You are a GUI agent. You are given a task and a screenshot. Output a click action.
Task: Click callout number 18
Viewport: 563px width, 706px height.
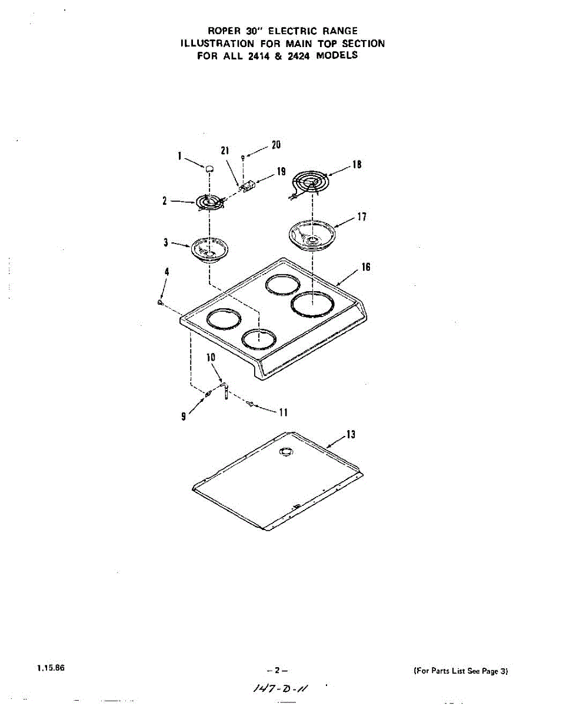tap(357, 165)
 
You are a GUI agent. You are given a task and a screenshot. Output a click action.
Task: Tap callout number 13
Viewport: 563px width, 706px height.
tap(351, 435)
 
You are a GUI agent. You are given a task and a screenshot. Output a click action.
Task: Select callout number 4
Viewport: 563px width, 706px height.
tap(167, 272)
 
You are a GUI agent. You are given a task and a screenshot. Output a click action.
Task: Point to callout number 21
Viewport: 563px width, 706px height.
tap(225, 151)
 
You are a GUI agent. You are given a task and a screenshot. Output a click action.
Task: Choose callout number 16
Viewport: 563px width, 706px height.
tap(366, 268)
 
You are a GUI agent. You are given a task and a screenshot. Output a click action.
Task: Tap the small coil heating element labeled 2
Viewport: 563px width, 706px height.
tap(209, 202)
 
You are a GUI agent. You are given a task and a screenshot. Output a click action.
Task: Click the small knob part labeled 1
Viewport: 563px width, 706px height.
tap(208, 168)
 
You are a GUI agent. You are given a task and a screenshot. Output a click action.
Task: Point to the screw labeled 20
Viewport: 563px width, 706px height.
tap(243, 157)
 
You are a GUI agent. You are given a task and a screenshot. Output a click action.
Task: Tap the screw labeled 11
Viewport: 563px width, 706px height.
tap(251, 404)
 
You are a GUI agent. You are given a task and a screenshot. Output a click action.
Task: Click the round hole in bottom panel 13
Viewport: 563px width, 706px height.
tap(285, 451)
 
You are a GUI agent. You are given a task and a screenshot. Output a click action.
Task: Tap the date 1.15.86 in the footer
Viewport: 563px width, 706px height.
tap(49, 668)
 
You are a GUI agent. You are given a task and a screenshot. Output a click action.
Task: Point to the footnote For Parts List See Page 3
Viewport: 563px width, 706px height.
tap(461, 671)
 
